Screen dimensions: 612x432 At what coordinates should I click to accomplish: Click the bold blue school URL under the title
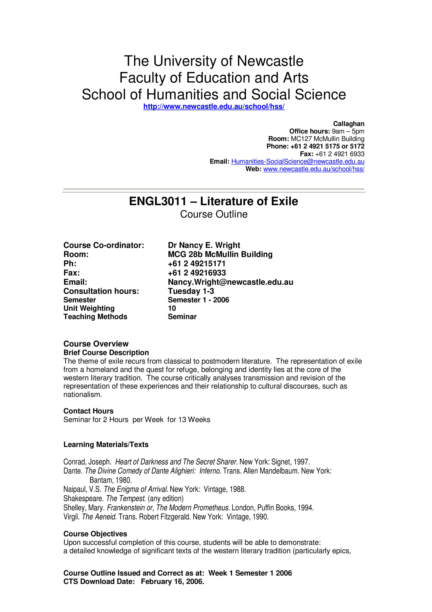[214, 107]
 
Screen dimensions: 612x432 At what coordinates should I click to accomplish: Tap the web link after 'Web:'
[314, 169]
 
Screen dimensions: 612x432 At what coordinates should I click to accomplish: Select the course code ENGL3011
[158, 201]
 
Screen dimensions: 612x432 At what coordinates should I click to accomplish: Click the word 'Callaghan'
[348, 124]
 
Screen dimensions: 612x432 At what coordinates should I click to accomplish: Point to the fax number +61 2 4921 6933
[340, 154]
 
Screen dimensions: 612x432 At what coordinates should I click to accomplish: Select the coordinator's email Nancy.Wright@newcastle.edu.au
[230, 282]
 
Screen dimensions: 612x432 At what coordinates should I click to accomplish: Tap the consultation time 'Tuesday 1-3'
[191, 291]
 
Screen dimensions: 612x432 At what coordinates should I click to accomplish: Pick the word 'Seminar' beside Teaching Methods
[182, 317]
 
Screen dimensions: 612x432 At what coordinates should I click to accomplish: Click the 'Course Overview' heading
[96, 344]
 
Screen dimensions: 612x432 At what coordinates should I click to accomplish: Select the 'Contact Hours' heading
[88, 411]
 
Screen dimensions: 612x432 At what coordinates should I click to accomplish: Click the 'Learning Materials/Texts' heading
[106, 444]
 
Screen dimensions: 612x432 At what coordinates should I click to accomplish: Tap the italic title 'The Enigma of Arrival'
[136, 489]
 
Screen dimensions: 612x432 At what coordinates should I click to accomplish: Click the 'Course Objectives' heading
[95, 534]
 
